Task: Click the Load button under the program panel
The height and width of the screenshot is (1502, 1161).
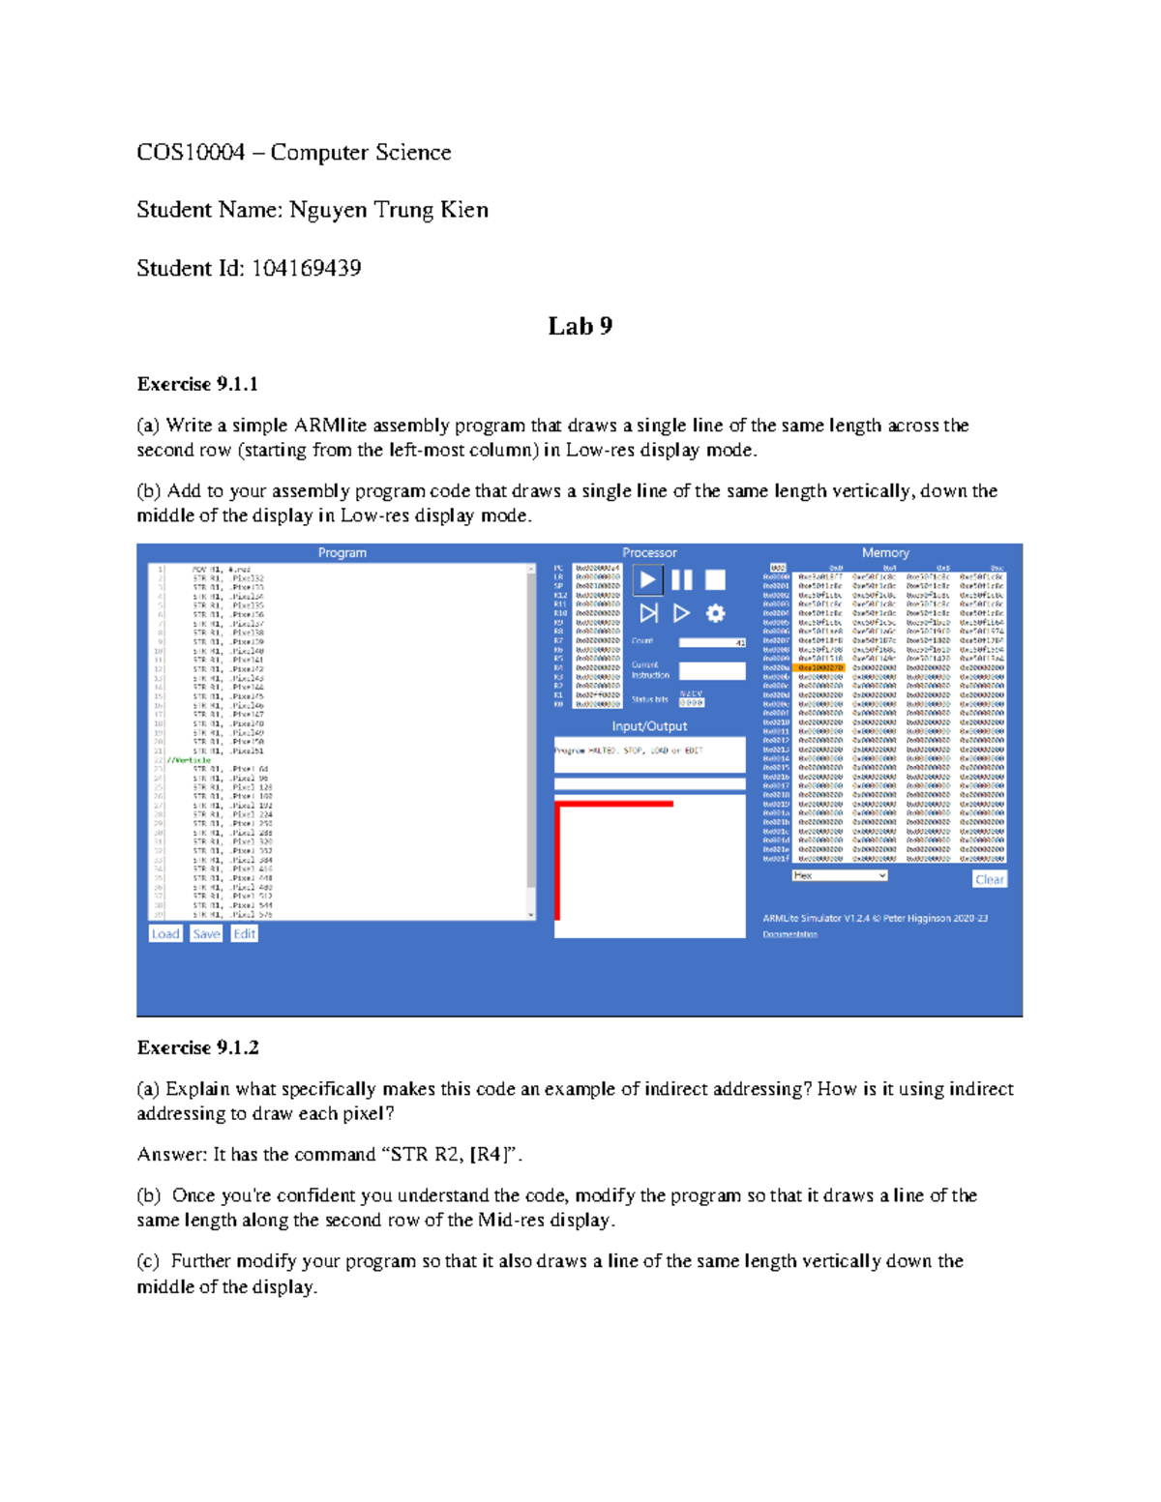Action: pyautogui.click(x=165, y=933)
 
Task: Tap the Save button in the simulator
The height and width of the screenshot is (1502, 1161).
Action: pyautogui.click(x=206, y=933)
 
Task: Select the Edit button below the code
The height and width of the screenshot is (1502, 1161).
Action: pyautogui.click(x=244, y=933)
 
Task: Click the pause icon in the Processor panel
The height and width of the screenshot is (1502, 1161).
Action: pyautogui.click(x=682, y=579)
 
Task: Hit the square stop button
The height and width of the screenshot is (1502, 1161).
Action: pyautogui.click(x=715, y=579)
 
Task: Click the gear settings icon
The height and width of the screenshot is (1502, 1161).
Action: pyautogui.click(x=715, y=613)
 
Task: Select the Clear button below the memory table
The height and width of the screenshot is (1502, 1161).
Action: pyautogui.click(x=989, y=879)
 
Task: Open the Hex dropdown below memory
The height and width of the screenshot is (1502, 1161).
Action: pyautogui.click(x=839, y=875)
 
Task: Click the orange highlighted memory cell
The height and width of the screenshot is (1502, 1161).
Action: pyautogui.click(x=819, y=667)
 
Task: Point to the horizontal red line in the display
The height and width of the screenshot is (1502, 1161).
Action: pyautogui.click(x=614, y=804)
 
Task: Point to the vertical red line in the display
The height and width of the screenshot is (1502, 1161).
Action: pyautogui.click(x=557, y=861)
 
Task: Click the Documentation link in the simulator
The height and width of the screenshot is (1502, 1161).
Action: pyautogui.click(x=789, y=934)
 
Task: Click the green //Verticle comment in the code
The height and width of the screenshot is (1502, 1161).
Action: pyautogui.click(x=190, y=760)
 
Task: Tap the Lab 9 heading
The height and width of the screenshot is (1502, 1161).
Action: pyautogui.click(x=580, y=326)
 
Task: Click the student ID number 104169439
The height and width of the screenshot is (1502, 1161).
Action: pyautogui.click(x=307, y=268)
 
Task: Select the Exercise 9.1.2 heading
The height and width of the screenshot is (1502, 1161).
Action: pyautogui.click(x=197, y=1047)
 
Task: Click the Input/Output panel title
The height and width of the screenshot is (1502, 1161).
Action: pyautogui.click(x=649, y=726)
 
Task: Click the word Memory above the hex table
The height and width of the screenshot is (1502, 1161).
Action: pyautogui.click(x=885, y=553)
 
